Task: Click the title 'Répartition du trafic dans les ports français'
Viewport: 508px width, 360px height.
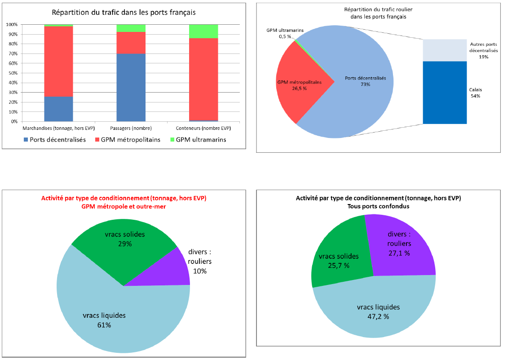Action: click(124, 13)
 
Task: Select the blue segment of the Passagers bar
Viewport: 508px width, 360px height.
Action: click(131, 88)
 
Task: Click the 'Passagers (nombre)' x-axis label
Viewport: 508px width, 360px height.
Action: click(131, 129)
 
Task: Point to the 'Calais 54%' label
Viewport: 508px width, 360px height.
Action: click(476, 93)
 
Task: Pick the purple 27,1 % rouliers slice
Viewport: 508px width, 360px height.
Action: click(400, 247)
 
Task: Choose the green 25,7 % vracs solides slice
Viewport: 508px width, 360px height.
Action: click(337, 261)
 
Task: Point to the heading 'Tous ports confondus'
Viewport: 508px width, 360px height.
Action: click(378, 206)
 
